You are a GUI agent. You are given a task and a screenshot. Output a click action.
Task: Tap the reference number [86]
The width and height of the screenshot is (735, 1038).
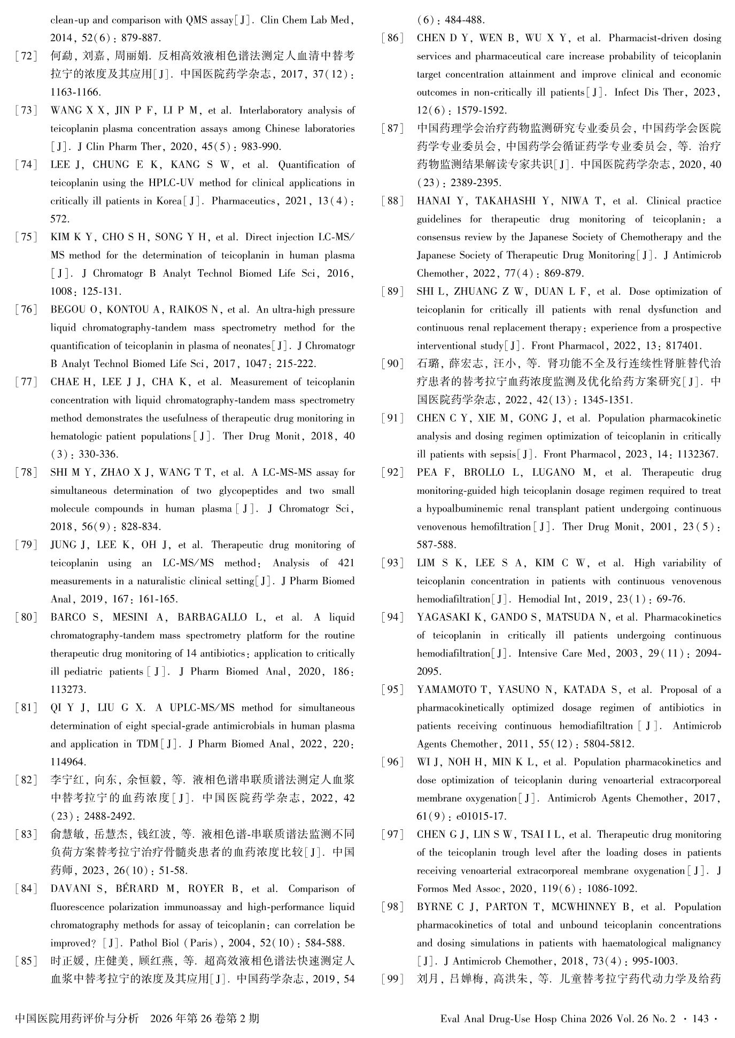393,38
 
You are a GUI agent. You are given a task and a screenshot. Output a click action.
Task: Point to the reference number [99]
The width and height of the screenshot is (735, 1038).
393,979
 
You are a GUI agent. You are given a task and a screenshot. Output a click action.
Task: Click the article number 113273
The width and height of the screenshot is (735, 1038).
68,690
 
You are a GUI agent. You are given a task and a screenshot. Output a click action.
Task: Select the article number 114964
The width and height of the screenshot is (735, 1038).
68,762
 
